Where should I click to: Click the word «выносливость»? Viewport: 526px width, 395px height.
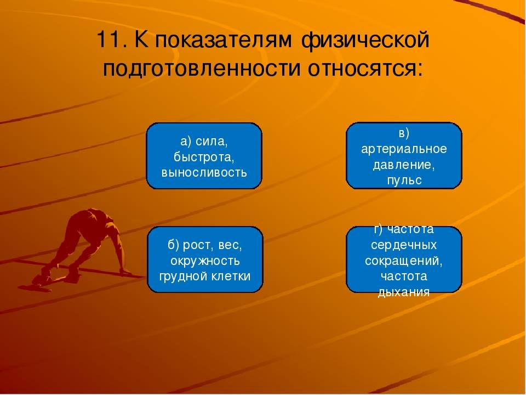(204, 172)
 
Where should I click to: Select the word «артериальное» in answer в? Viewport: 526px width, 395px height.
(404, 149)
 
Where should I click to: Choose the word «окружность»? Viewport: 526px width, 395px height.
(205, 260)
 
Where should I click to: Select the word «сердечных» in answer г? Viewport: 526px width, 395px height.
(404, 244)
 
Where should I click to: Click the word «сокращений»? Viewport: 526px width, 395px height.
(404, 259)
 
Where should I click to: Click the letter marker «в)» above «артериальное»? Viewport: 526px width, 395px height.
(404, 133)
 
